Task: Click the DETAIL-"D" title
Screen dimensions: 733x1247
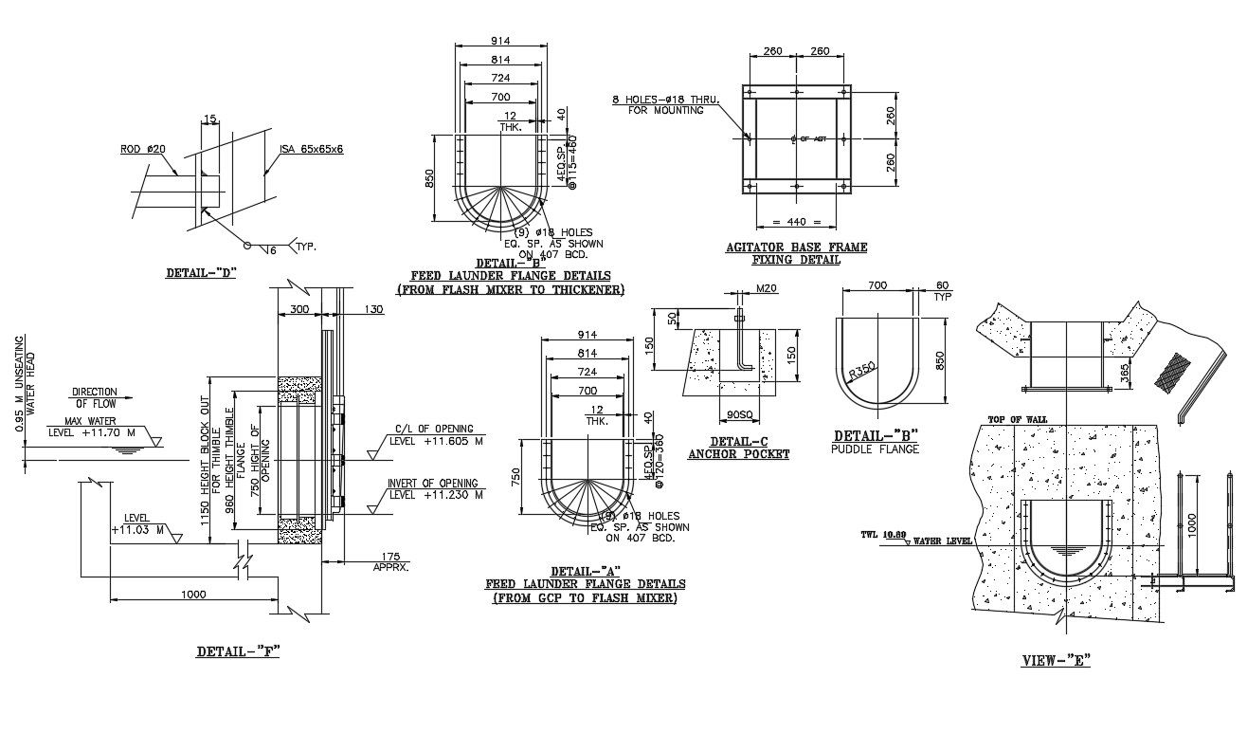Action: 200,273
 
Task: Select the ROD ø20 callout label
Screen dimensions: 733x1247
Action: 142,149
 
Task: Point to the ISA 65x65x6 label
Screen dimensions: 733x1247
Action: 311,149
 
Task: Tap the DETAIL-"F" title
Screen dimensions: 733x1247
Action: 238,651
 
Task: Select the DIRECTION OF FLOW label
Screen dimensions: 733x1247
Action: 95,397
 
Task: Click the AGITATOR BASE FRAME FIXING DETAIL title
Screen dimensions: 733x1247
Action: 796,253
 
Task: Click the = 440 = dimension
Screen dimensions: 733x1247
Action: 796,222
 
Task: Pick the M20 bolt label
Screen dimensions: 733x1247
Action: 766,289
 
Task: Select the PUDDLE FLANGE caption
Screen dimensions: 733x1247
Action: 876,449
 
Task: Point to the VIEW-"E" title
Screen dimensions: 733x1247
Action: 1057,660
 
